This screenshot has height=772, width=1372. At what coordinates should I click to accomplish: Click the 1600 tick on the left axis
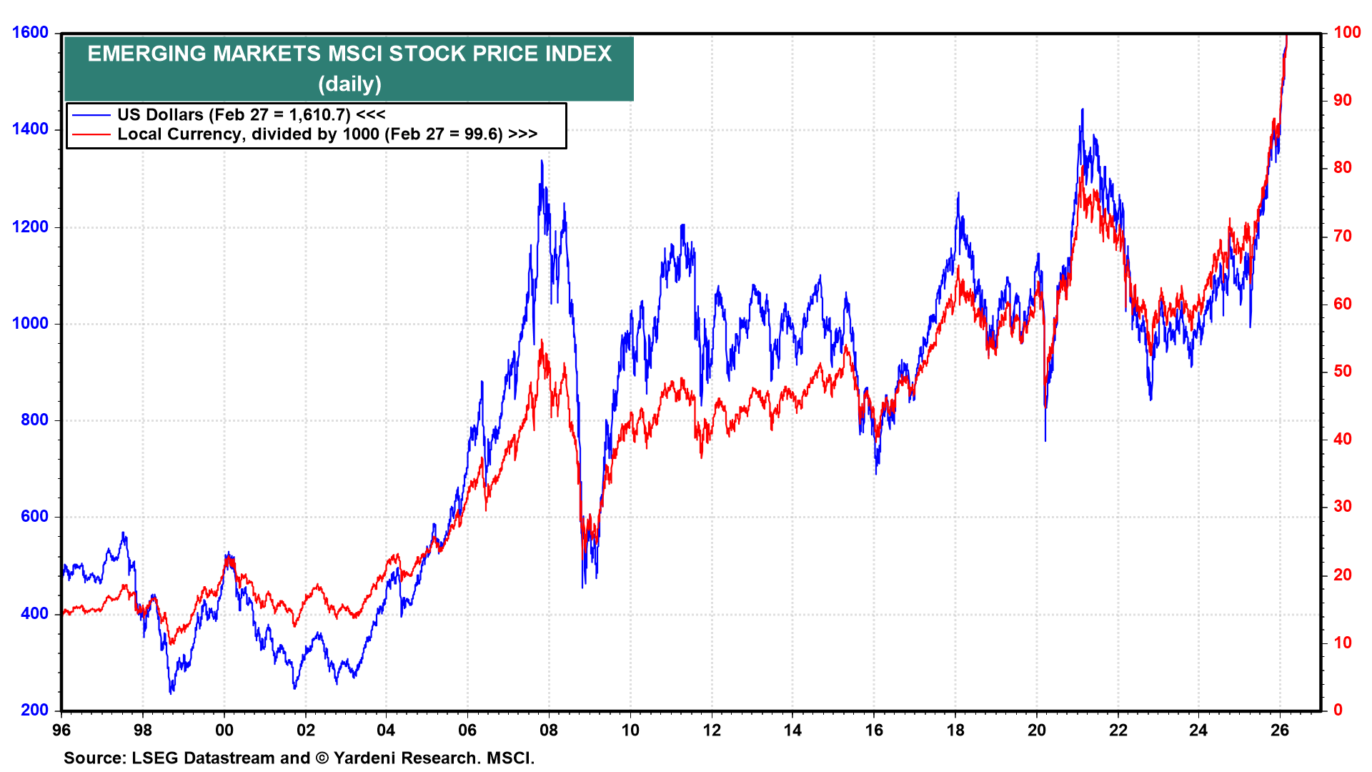pos(30,33)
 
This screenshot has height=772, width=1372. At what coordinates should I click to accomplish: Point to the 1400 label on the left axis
pos(30,129)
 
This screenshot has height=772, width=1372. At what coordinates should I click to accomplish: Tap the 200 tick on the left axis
pos(35,710)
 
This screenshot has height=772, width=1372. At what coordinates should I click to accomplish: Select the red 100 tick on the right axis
pos(1347,33)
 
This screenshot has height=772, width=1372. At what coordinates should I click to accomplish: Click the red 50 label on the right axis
pos(1343,371)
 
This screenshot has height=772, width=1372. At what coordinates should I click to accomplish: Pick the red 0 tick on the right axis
pos(1338,710)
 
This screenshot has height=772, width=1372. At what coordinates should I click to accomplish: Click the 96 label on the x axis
pos(61,730)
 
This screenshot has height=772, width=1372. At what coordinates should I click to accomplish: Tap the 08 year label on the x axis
pos(549,730)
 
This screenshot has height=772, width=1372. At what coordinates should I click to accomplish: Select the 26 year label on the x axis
pos(1280,730)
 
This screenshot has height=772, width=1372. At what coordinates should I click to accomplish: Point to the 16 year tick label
pos(874,730)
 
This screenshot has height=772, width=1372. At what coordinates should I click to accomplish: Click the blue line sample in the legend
pos(91,114)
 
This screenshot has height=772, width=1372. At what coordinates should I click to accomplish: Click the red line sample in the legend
pos(91,134)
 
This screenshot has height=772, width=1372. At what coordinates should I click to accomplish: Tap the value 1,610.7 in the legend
pos(319,114)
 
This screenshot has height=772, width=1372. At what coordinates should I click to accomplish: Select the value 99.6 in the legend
pos(483,134)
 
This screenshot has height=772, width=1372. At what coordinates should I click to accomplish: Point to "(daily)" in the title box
pos(349,84)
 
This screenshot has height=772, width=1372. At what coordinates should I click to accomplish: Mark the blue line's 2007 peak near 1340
pos(542,162)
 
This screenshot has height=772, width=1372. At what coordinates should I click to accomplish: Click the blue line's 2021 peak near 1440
pos(1083,109)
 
